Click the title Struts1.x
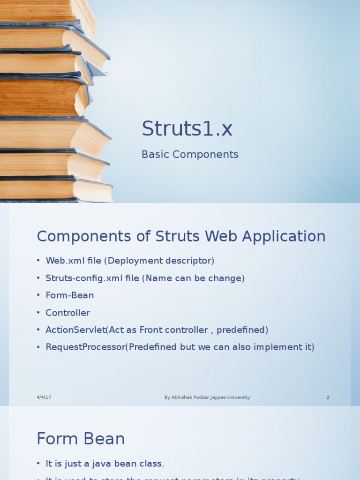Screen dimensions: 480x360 click(187, 129)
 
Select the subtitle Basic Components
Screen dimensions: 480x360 click(190, 155)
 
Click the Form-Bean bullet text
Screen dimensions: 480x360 click(70, 295)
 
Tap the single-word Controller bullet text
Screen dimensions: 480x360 click(67, 313)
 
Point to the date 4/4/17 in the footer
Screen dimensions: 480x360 click(44, 397)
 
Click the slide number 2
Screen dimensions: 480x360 click(328, 397)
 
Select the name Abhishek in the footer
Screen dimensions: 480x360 click(181, 397)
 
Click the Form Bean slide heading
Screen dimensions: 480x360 click(81, 439)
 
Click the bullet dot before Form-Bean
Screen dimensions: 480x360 click(38, 296)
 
